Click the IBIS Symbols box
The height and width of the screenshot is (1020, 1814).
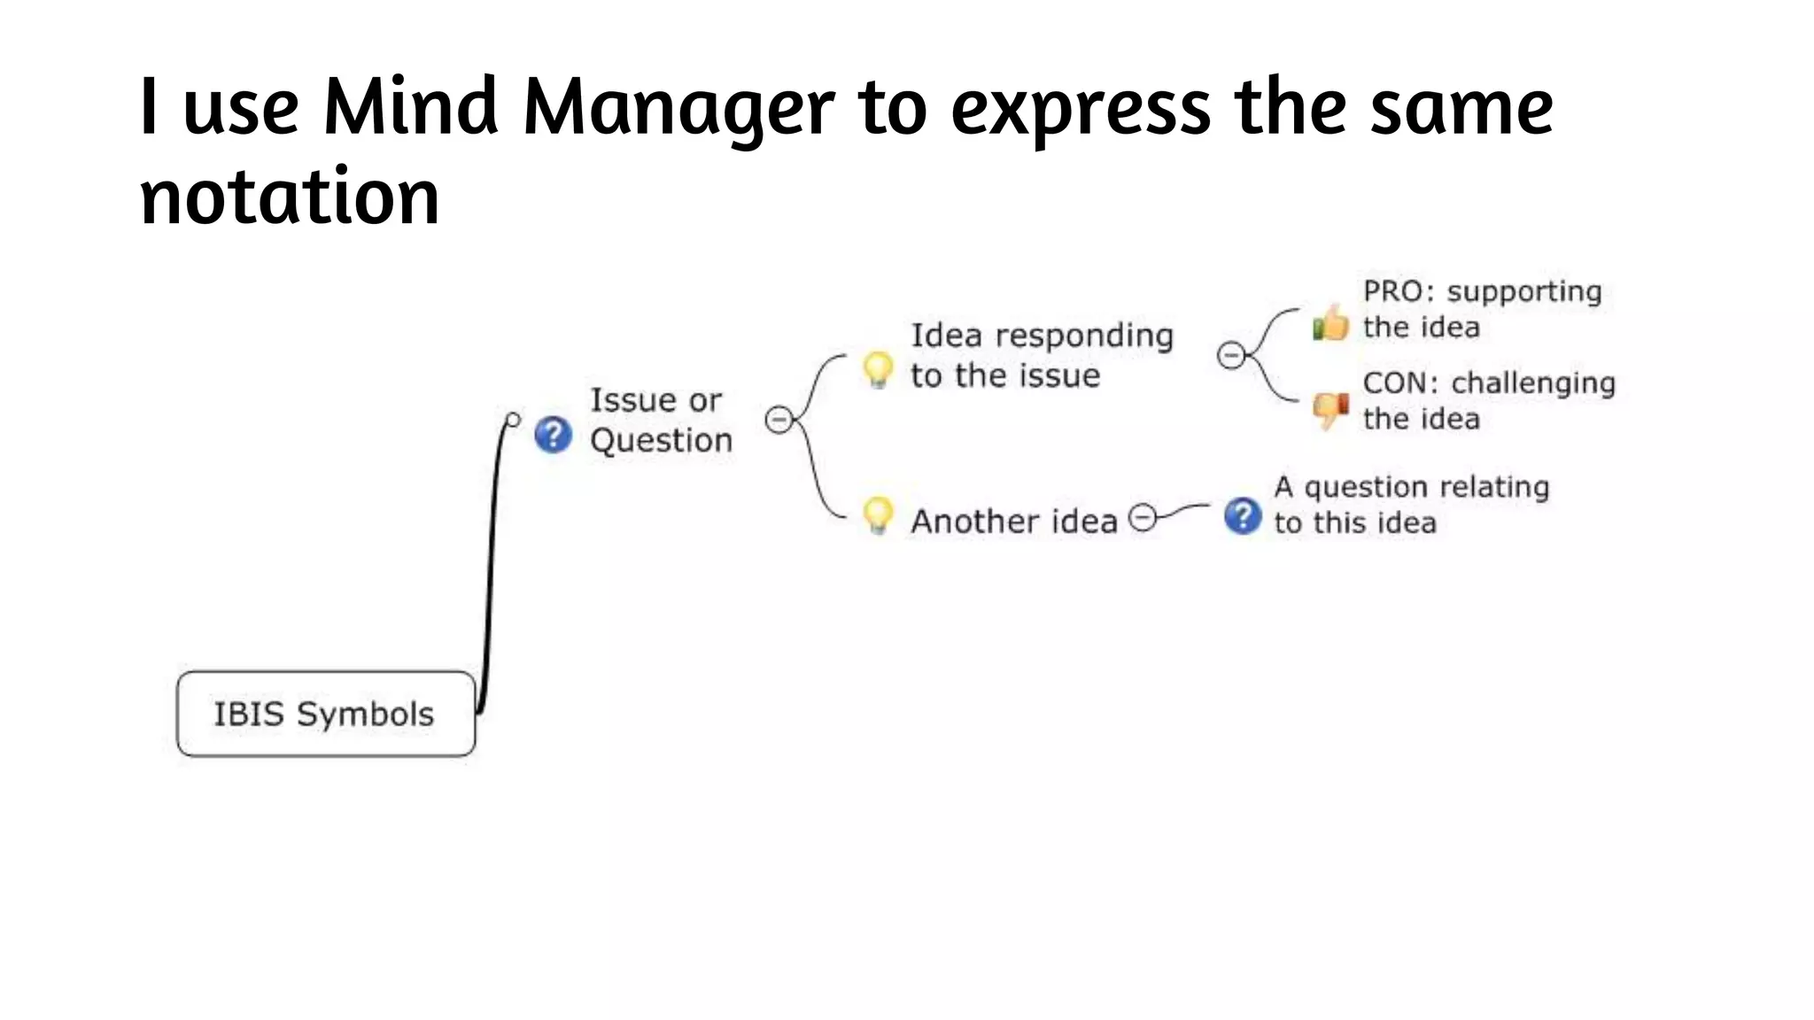[x=326, y=714]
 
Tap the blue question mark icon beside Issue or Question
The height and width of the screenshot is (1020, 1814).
[x=553, y=435]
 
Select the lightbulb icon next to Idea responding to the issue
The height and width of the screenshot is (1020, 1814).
[x=878, y=369]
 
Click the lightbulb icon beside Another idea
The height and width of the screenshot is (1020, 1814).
[x=878, y=514]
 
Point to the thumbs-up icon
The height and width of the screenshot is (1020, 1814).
[x=1330, y=323]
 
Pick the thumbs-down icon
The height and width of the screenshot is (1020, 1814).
[x=1330, y=410]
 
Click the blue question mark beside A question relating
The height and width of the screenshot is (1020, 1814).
[x=1242, y=516]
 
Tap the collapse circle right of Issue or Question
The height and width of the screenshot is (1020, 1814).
[x=779, y=419]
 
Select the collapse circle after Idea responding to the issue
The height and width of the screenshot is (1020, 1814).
[x=1230, y=355]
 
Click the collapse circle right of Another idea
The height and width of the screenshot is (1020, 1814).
[x=1143, y=517]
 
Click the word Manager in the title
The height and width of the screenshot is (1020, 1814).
[x=678, y=108]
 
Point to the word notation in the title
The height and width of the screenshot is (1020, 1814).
[x=290, y=197]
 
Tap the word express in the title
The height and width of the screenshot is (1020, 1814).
[x=1081, y=108]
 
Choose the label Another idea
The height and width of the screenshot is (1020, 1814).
[x=1014, y=522]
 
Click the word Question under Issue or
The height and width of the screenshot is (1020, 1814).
[x=661, y=440]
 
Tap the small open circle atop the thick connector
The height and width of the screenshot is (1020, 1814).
[x=513, y=419]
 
